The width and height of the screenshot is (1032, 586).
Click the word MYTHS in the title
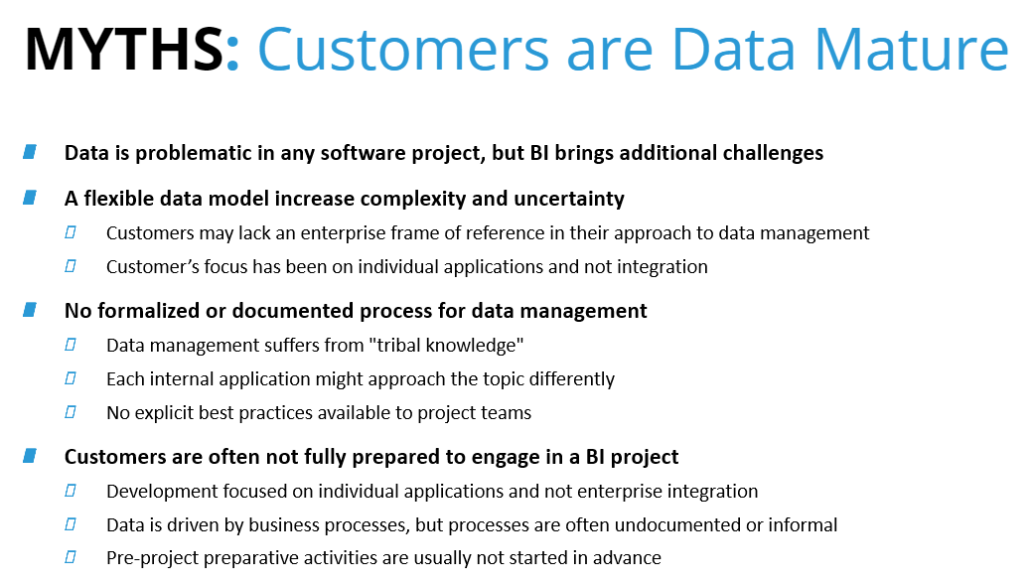point(124,50)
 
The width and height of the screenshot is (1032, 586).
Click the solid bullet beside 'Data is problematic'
point(30,152)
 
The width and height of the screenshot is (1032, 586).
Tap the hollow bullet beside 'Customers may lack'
point(71,232)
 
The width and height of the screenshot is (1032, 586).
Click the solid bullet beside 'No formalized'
point(30,310)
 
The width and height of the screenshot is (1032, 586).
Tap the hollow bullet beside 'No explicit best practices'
point(71,412)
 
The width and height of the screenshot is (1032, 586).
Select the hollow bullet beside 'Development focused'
point(71,491)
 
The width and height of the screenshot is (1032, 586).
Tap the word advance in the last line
point(627,557)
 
